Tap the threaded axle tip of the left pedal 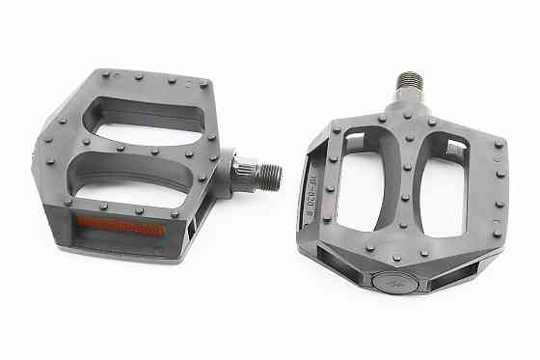[269, 175]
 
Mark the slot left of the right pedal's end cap [342, 265]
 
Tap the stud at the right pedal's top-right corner [499, 146]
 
